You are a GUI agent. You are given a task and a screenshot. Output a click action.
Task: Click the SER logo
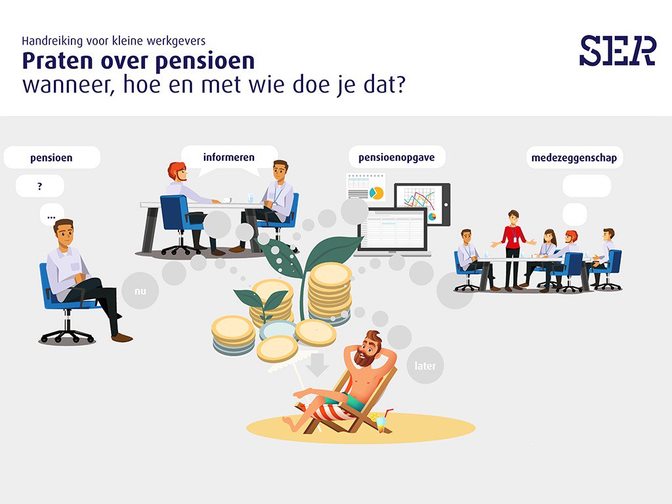(618, 51)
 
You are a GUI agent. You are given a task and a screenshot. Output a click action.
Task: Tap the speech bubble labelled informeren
(229, 157)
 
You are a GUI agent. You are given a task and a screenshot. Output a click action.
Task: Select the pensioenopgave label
(396, 157)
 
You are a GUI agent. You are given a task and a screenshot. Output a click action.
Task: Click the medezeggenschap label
(574, 157)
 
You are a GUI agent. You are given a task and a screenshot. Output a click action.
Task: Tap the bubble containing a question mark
(39, 186)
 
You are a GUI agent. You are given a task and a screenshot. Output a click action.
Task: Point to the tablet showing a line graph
(421, 203)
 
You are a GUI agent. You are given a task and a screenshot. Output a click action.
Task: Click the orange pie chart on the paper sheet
(376, 193)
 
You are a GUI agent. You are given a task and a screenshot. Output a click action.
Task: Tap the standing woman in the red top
(513, 246)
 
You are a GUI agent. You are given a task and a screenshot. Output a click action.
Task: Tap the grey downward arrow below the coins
(318, 365)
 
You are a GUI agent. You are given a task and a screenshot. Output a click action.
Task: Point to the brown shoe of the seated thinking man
(121, 337)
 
